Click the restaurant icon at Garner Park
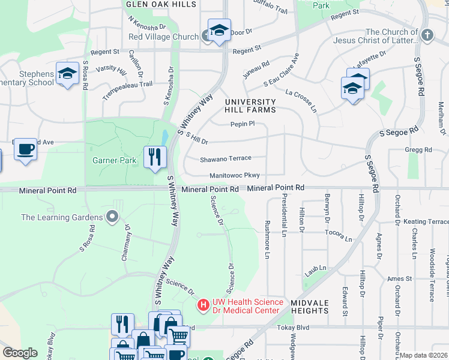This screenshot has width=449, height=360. click(x=155, y=157)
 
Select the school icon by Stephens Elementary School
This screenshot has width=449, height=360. click(x=67, y=74)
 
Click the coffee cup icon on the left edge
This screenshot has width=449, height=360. click(x=25, y=149)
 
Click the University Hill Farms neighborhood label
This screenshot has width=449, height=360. click(x=250, y=106)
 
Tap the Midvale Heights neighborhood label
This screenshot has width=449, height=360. click(x=310, y=307)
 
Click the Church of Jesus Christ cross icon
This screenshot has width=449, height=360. click(x=427, y=35)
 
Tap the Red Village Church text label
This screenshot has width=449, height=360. click(x=159, y=37)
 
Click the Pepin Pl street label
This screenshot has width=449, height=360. click(x=243, y=124)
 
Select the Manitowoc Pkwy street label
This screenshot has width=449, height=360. click(x=235, y=176)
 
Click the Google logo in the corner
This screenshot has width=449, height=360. click(x=20, y=353)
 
